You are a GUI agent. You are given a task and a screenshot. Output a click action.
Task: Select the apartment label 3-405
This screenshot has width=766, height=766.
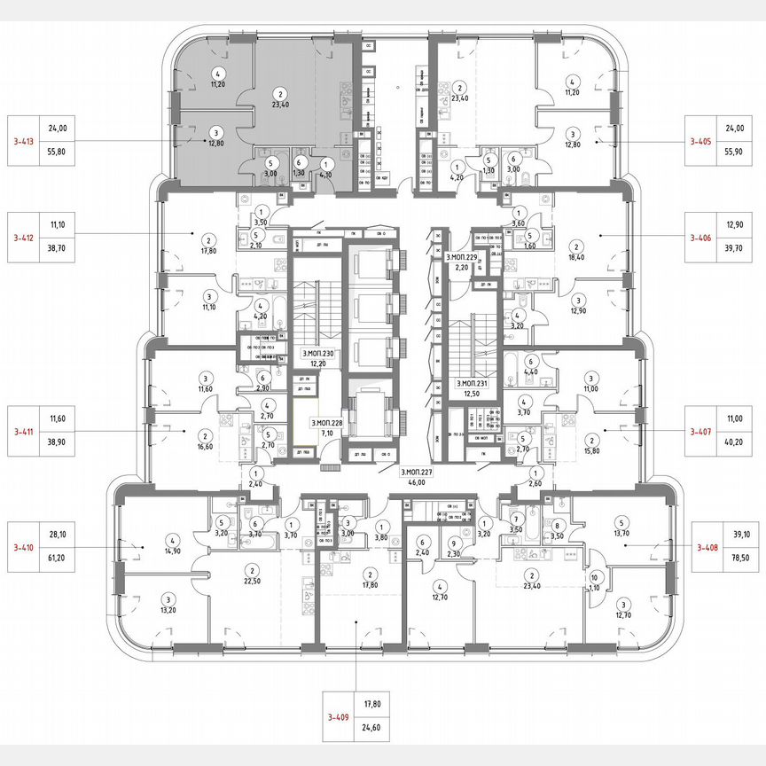(x=704, y=140)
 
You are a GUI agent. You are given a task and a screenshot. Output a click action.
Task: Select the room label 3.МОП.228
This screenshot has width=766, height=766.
(x=326, y=424)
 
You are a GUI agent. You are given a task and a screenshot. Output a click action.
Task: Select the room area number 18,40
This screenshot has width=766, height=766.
(x=576, y=258)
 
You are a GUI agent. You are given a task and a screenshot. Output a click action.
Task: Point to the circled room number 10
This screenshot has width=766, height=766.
(x=593, y=577)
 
